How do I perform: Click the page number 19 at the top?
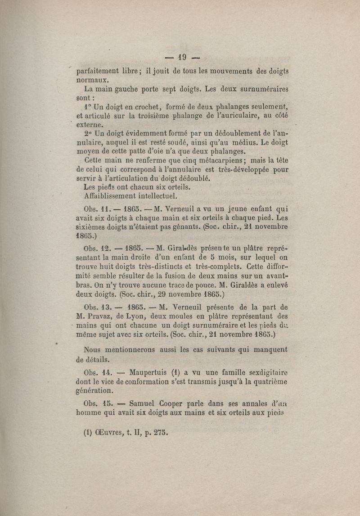click(182, 57)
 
